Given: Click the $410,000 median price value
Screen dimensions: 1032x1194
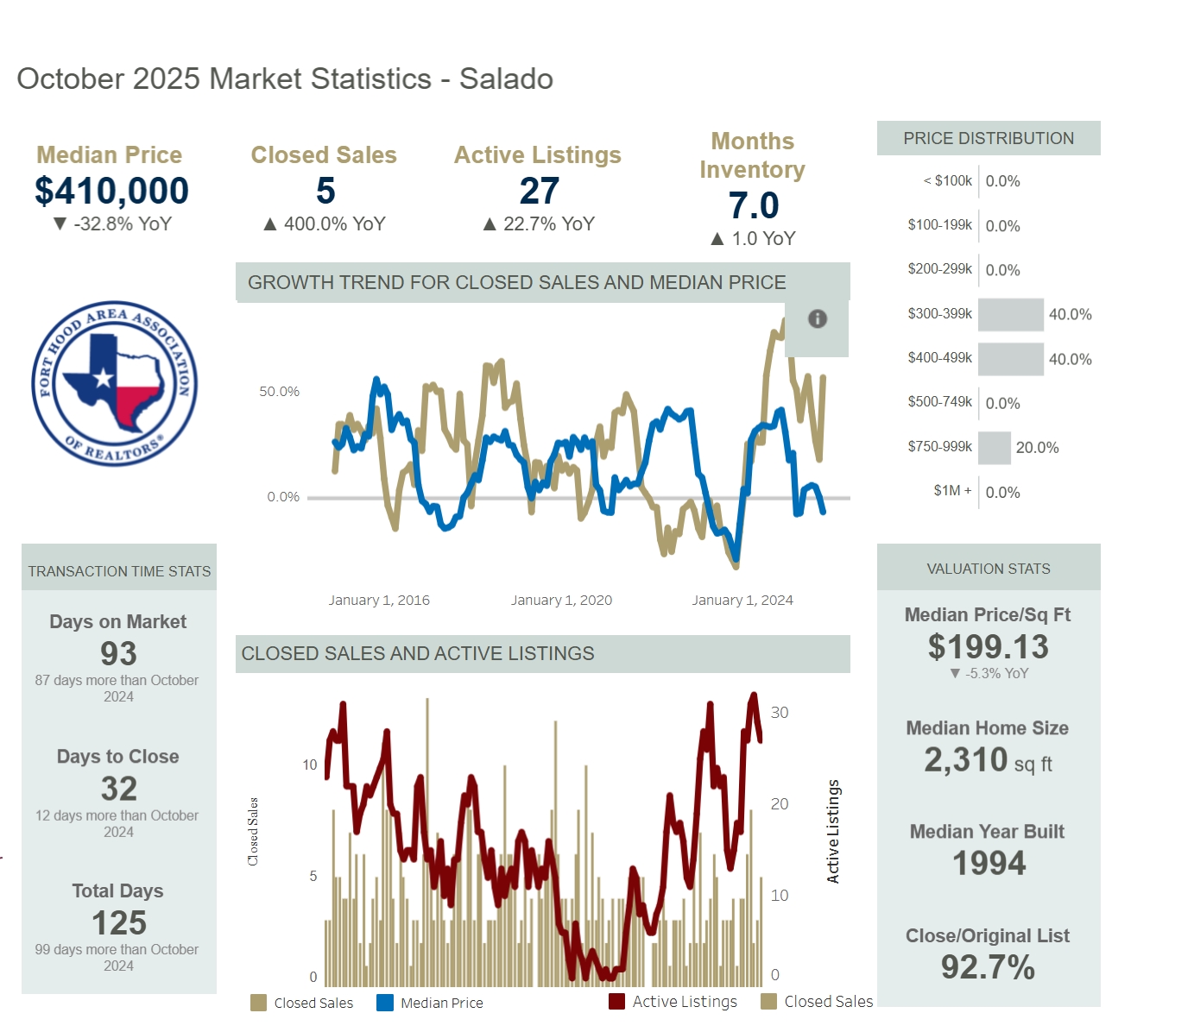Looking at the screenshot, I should [x=111, y=191].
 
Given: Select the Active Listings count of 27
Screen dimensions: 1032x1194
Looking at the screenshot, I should [x=539, y=191].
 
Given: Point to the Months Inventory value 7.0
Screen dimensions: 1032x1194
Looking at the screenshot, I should [x=753, y=205].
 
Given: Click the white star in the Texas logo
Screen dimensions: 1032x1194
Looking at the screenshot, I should [x=104, y=378].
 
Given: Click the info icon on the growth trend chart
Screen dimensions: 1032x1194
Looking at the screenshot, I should [x=817, y=318].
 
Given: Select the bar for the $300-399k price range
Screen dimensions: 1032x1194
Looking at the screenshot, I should [x=1011, y=314].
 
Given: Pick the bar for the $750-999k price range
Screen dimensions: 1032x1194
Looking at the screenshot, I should [x=995, y=447].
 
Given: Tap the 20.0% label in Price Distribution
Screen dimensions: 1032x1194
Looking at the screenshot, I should [x=1037, y=448].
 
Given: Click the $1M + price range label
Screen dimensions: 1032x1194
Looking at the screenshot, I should [x=952, y=491].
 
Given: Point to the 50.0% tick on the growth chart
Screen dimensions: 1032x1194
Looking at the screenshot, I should [x=279, y=392].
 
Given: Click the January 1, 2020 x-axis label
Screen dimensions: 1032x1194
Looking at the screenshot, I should [x=561, y=601].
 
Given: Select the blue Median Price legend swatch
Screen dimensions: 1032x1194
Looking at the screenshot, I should [x=385, y=1003].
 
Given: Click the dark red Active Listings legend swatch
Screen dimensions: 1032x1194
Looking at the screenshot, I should [x=616, y=1002].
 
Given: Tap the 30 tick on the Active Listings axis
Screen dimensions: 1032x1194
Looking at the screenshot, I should [x=779, y=713].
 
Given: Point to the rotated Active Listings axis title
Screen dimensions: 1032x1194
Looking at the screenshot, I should [x=833, y=831].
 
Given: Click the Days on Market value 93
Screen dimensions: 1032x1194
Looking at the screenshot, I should [x=118, y=654].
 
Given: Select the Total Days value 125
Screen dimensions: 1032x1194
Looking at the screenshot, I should [x=119, y=923].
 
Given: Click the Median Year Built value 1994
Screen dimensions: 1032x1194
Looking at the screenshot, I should [x=989, y=863].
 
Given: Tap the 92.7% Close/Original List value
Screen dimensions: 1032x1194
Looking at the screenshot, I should [x=988, y=967].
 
